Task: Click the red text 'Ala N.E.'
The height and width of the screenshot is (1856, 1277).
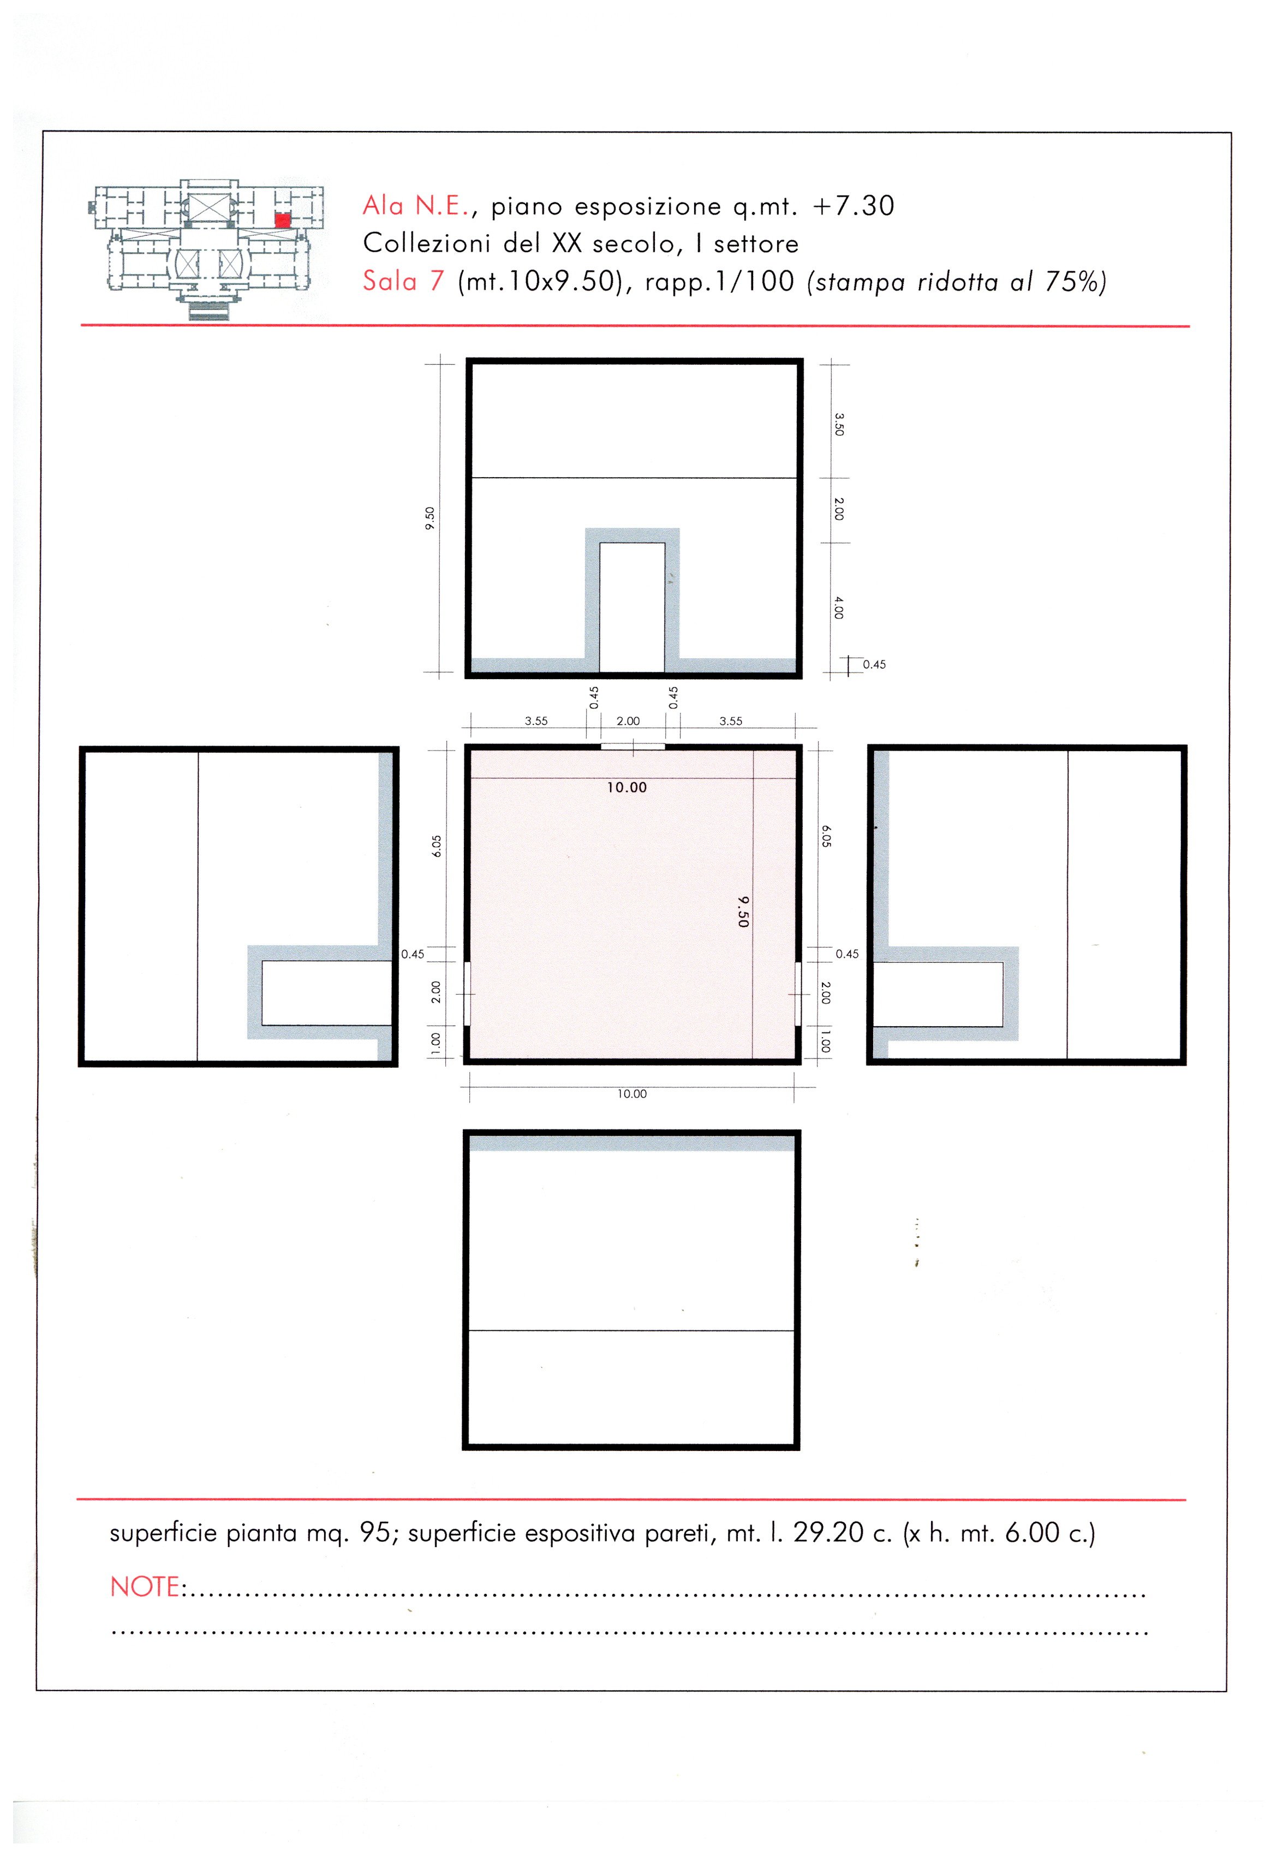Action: [415, 206]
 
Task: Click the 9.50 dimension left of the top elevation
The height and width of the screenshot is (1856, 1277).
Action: [431, 519]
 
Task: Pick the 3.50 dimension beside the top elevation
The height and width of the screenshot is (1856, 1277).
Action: [839, 424]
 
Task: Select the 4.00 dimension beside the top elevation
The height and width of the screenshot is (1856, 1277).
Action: [839, 608]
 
